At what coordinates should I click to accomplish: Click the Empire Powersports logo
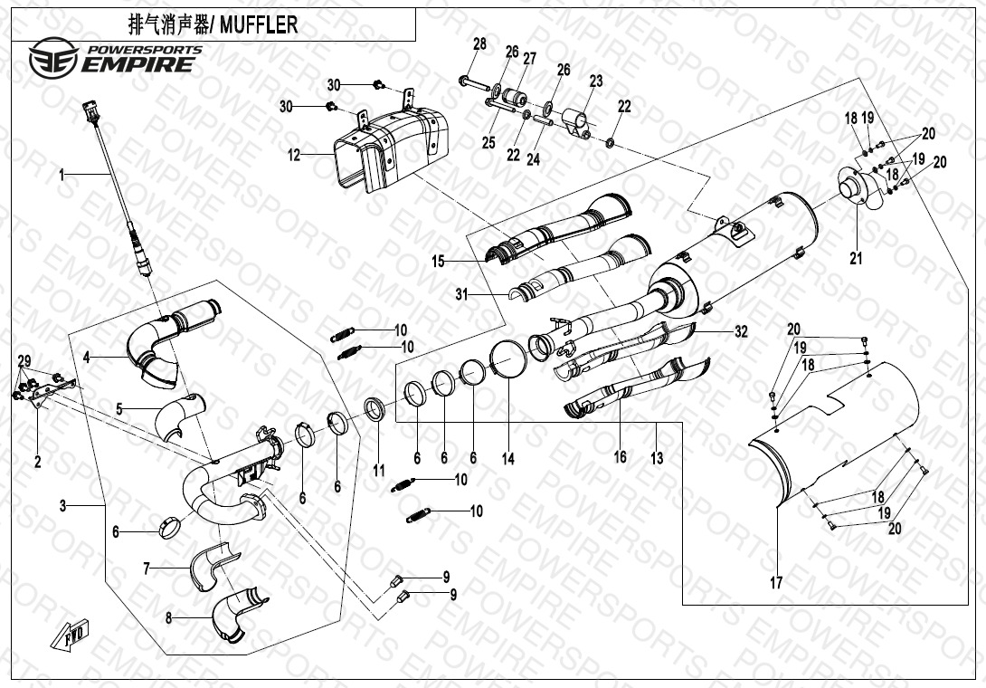[114, 59]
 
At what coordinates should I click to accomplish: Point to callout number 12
[293, 155]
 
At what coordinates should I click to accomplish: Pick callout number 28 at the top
[479, 44]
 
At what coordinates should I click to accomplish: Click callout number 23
[595, 81]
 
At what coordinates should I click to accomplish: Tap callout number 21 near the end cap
[856, 258]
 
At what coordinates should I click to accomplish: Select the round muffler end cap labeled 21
[856, 193]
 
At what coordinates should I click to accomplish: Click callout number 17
[775, 583]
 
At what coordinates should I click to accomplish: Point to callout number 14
[508, 460]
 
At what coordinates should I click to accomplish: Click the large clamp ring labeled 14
[510, 361]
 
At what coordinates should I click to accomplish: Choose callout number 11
[379, 471]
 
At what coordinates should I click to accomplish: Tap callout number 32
[741, 332]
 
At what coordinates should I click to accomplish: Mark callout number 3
[62, 506]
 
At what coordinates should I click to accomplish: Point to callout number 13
[657, 458]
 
